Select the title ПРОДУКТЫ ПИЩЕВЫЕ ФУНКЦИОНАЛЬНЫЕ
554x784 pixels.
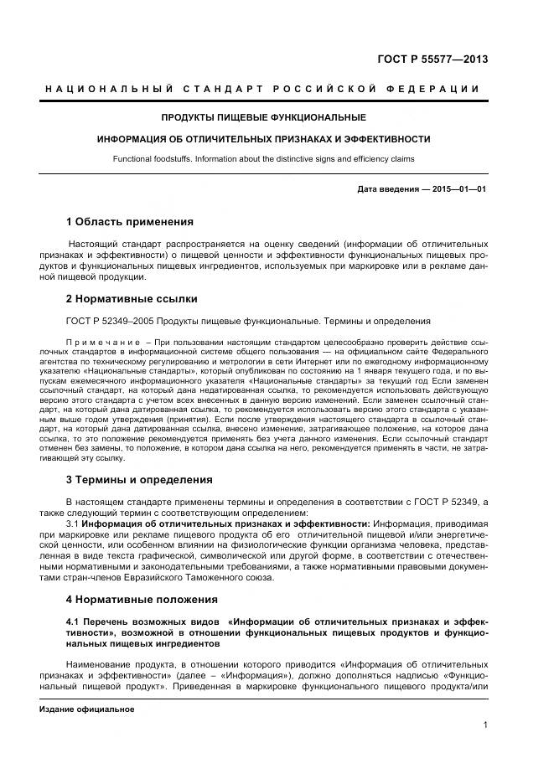tap(263, 117)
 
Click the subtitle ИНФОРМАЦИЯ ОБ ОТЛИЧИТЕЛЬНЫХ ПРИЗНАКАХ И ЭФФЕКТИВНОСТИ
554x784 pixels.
tap(263, 139)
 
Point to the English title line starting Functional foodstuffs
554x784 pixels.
tap(263, 159)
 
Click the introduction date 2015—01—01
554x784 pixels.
tap(459, 189)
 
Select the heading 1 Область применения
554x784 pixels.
tap(129, 222)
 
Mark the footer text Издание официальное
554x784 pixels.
tap(86, 709)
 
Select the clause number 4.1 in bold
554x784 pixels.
tap(73, 622)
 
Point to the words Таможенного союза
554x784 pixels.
tap(246, 577)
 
